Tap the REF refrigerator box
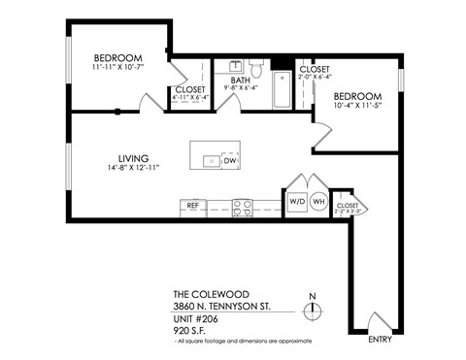pyautogui.click(x=192, y=206)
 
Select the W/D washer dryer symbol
pyautogui.click(x=296, y=201)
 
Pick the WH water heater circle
pyautogui.click(x=318, y=201)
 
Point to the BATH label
pyautogui.click(x=240, y=80)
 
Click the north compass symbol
pyautogui.click(x=311, y=310)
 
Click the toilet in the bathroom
pyautogui.click(x=257, y=68)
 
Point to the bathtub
pyautogui.click(x=281, y=90)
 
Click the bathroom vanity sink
pyautogui.click(x=236, y=66)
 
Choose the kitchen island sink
pyautogui.click(x=208, y=160)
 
